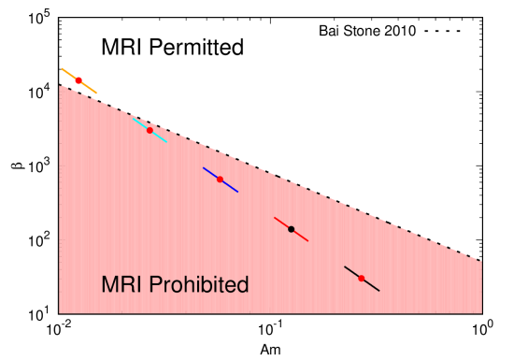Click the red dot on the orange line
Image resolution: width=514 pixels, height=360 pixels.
[x=79, y=80]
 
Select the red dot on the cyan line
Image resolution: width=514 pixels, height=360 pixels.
[x=150, y=130]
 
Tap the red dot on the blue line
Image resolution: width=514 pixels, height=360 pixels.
[x=220, y=180]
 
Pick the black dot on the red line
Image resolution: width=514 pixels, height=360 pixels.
[x=291, y=229]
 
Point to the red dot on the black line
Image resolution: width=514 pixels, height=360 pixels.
[x=362, y=279]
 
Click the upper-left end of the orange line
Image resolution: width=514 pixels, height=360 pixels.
[x=62, y=68]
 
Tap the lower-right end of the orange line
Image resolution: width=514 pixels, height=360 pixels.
[x=96, y=93]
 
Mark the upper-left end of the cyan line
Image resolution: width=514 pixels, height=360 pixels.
[x=133, y=118]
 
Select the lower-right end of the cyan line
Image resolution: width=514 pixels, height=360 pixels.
[x=167, y=142]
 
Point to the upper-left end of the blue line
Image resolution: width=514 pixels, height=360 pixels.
[x=204, y=168]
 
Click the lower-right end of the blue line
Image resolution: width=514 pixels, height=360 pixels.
[x=237, y=192]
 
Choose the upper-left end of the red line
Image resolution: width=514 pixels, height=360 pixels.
[x=274, y=218]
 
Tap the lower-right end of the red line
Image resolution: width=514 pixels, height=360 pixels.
[x=307, y=241]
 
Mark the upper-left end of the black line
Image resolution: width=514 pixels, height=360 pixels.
[x=345, y=266]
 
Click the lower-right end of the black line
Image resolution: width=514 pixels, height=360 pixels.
[x=378, y=291]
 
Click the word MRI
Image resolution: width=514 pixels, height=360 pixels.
[x=121, y=285]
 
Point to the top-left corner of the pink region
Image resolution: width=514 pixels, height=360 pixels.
[x=60, y=86]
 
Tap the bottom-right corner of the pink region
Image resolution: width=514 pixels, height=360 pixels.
[x=481, y=312]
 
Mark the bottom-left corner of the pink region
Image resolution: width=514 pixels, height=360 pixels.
[x=60, y=312]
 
